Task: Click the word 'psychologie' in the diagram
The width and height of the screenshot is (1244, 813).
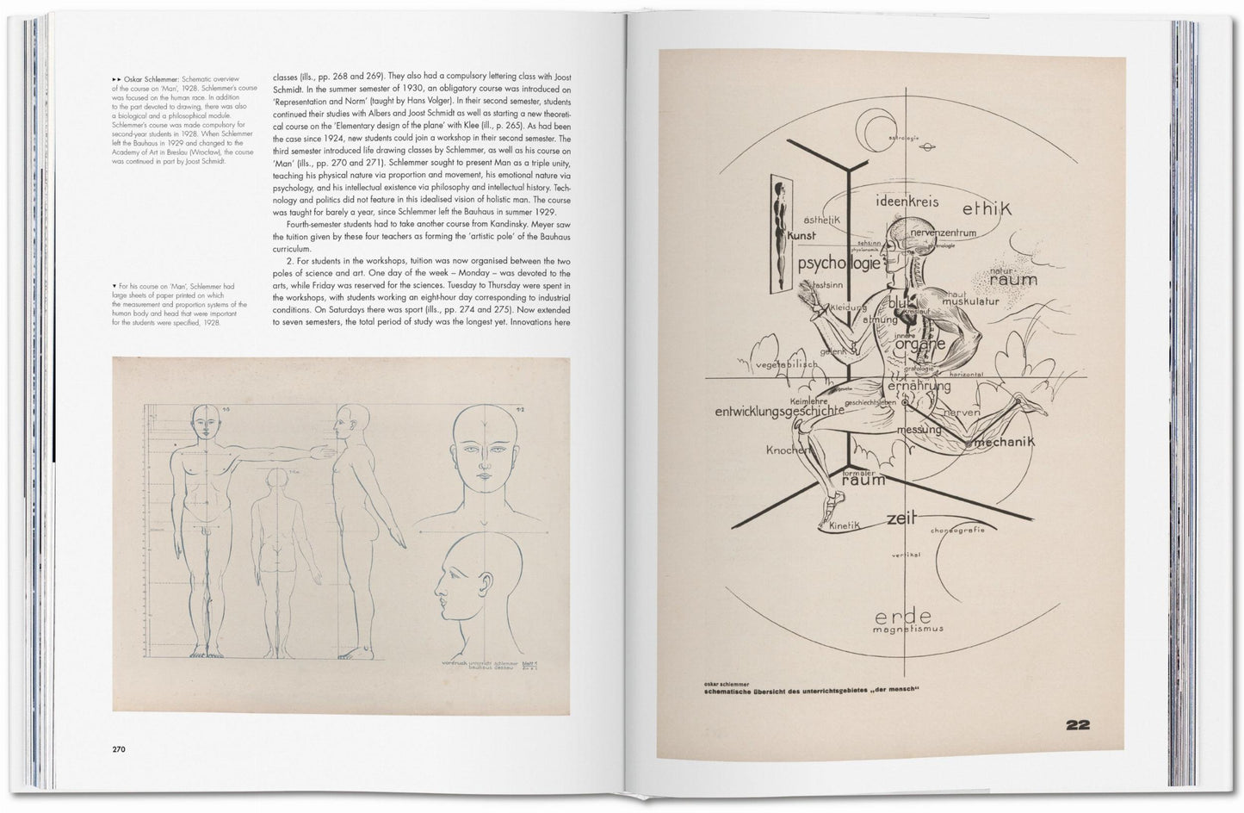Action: point(839,263)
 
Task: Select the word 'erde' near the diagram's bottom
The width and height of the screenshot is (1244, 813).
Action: point(902,616)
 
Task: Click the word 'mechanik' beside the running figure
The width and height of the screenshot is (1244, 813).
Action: point(1001,442)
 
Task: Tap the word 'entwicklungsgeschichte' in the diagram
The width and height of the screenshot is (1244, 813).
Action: point(779,412)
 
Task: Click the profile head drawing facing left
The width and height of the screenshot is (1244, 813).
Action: point(473,581)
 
